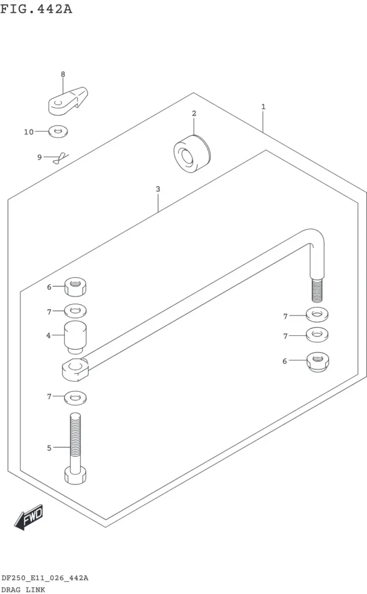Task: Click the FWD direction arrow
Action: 29,517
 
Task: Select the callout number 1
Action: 263,107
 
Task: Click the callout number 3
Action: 158,189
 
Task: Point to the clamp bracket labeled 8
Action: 68,101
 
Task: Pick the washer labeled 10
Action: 59,132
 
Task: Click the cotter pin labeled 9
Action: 61,158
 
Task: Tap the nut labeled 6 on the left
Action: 75,287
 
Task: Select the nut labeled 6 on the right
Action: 317,362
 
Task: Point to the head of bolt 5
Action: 75,476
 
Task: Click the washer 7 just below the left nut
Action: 75,311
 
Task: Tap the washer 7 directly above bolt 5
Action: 75,398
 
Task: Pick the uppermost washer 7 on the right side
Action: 317,314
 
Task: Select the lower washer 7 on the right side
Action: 317,335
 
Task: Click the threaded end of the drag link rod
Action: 317,291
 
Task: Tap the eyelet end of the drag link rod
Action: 75,370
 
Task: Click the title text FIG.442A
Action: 36,8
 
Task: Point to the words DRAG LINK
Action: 23,589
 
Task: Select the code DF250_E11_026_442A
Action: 45,578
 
